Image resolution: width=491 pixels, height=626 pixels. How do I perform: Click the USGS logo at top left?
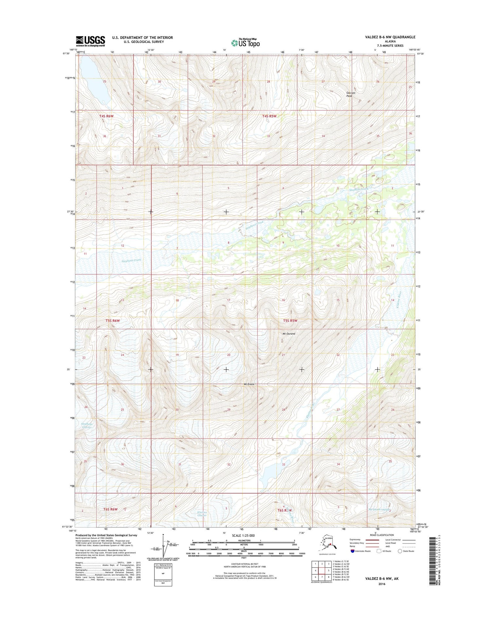pyautogui.click(x=90, y=41)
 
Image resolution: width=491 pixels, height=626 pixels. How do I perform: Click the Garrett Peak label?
pyautogui.click(x=351, y=94)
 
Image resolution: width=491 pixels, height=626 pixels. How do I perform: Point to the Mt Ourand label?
pyautogui.click(x=289, y=334)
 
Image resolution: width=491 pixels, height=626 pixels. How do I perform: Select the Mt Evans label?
pyautogui.click(x=249, y=384)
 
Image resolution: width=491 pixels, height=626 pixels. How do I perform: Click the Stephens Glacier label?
pyautogui.click(x=87, y=426)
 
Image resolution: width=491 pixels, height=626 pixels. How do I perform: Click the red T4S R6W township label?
pyautogui.click(x=106, y=116)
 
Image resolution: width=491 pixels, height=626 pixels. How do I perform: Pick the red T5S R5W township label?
pyautogui.click(x=290, y=321)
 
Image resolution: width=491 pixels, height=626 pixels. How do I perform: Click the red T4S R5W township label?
pyautogui.click(x=269, y=116)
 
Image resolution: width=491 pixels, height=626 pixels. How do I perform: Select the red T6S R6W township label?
pyautogui.click(x=110, y=509)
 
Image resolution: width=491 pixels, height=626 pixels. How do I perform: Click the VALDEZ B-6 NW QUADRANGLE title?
pyautogui.click(x=390, y=37)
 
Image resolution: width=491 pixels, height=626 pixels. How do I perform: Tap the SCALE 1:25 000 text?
pyautogui.click(x=243, y=536)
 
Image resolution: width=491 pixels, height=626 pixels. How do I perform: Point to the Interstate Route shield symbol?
pyautogui.click(x=352, y=551)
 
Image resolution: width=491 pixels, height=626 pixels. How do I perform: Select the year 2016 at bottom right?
pyautogui.click(x=381, y=584)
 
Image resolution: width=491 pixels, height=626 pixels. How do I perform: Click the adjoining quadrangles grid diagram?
pyautogui.click(x=321, y=571)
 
